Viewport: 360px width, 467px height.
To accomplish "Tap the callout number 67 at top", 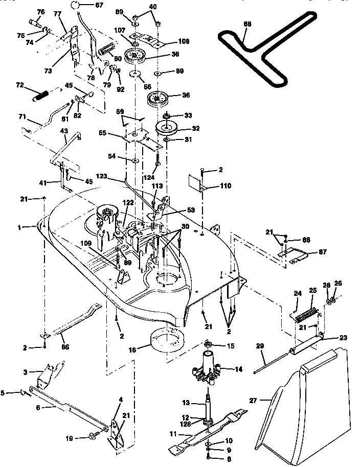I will point(99,5).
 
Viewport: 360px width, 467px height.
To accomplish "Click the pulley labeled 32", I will point(168,128).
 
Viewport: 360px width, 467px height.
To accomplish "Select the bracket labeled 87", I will point(295,254).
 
